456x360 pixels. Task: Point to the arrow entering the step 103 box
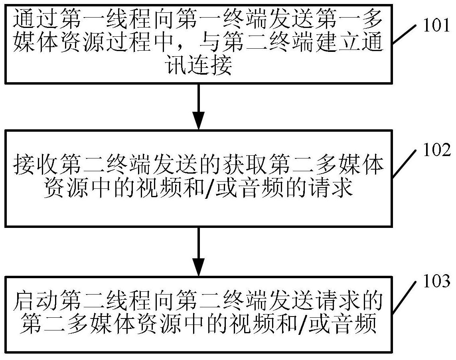(x=198, y=252)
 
